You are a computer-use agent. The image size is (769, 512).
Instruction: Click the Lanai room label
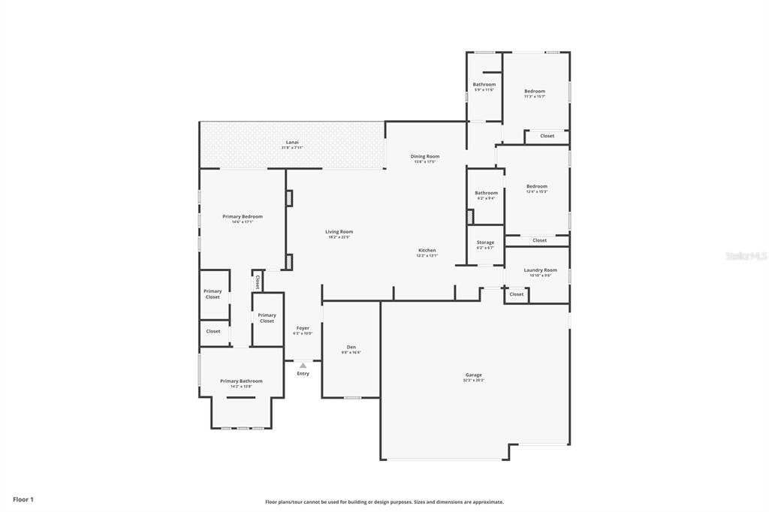292,142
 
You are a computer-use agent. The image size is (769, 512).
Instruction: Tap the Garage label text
473,375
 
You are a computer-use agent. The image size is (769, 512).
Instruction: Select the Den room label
351,347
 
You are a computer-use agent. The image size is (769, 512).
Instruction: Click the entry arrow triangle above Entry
303,366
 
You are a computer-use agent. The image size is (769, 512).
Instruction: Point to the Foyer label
303,328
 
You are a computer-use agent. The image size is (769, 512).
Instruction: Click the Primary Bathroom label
241,381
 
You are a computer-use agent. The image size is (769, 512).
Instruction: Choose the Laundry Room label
540,270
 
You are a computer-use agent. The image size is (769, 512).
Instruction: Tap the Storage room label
485,242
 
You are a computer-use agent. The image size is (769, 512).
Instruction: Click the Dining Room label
425,156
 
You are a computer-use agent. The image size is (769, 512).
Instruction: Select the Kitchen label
427,250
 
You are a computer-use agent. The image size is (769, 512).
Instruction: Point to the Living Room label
339,232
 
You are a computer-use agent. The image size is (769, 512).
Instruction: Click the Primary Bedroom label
242,216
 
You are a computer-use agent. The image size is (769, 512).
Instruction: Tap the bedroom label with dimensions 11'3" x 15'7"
535,91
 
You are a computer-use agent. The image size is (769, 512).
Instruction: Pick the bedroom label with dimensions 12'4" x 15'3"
536,186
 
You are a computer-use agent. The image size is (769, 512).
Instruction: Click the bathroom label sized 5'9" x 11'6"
484,84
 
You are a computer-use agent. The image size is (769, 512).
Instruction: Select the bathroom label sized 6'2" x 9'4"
486,193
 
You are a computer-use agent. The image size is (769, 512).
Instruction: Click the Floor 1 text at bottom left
23,499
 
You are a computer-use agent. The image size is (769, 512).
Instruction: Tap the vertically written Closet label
257,282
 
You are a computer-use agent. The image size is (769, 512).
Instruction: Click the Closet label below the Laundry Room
516,294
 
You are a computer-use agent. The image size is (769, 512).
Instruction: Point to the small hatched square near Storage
470,217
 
